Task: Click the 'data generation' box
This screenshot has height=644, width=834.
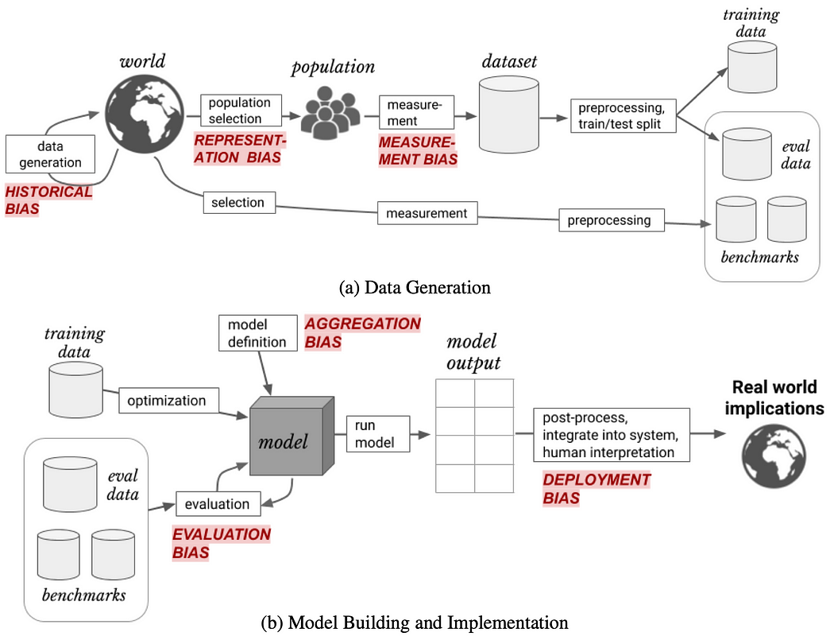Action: pyautogui.click(x=49, y=155)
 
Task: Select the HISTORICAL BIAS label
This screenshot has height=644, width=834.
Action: pyautogui.click(x=49, y=200)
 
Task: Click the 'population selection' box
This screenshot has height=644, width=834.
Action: pyautogui.click(x=240, y=111)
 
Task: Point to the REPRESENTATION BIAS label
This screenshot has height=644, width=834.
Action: pyautogui.click(x=240, y=149)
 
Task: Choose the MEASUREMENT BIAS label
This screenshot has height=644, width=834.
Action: pyautogui.click(x=418, y=149)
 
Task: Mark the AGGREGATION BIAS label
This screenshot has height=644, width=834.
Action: pyautogui.click(x=362, y=333)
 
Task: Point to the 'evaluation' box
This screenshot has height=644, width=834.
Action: pyautogui.click(x=216, y=503)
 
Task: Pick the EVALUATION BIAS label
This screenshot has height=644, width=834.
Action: pyautogui.click(x=222, y=543)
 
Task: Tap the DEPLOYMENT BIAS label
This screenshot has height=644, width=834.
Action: pyautogui.click(x=597, y=489)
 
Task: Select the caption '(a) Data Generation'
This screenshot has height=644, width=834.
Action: pyautogui.click(x=415, y=288)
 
